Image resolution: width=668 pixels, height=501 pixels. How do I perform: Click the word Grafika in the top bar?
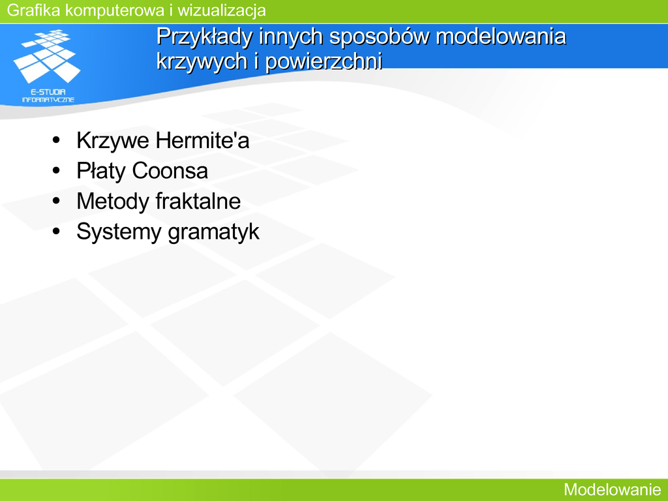tap(34, 10)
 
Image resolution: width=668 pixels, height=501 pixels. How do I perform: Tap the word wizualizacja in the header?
tap(222, 10)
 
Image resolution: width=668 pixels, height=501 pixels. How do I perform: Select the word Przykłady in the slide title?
tap(204, 37)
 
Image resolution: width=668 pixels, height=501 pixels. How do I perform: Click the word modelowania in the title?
tap(501, 36)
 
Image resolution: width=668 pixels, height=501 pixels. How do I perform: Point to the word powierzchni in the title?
tap(324, 61)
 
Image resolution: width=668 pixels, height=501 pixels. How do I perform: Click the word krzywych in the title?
tap(202, 61)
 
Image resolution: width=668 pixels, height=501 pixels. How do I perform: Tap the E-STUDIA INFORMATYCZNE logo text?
tap(48, 96)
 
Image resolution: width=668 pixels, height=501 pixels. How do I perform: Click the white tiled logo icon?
tap(47, 56)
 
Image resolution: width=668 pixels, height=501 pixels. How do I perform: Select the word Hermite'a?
tap(202, 140)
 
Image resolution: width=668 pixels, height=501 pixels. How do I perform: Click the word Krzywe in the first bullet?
tap(113, 141)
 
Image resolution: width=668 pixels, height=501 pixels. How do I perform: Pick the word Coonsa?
tap(170, 171)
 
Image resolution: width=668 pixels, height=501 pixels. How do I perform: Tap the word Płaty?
tap(101, 172)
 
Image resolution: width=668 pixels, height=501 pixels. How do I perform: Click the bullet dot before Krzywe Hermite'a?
tap(56, 140)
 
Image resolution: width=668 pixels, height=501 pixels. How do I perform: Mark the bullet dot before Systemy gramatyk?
tap(56, 232)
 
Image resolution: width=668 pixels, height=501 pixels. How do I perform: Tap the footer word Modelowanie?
tap(612, 489)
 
